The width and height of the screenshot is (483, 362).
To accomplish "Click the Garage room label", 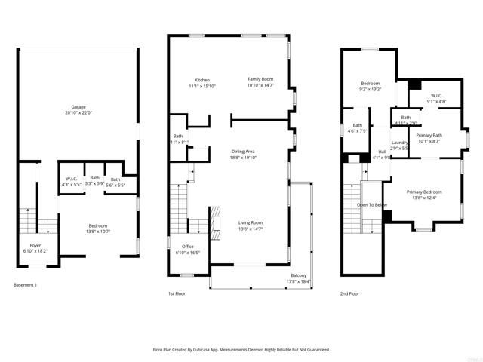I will pos(78,106).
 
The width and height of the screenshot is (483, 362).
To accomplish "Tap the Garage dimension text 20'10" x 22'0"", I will pos(78,113).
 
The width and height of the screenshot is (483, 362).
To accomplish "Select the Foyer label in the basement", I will pos(35,244).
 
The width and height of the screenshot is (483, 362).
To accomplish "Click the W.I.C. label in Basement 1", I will pos(73,178).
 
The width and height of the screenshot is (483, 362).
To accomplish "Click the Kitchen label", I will pos(202,80).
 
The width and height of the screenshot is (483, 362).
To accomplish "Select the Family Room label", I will pos(260,79).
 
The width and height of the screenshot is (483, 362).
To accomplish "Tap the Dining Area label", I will pos(244,152).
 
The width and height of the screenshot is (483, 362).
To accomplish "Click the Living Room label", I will pos(250,222).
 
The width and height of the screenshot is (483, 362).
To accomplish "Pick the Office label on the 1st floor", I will pos(188,247).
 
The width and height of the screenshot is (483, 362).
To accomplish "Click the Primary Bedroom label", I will pos(423,192).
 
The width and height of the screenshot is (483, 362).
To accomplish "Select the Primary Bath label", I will pos(429,136).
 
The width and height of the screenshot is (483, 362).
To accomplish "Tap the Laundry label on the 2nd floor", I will pos(400,143).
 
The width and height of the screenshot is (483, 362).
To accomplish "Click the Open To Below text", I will pos(372,204).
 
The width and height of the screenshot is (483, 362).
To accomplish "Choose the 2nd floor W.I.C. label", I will pos(437,95).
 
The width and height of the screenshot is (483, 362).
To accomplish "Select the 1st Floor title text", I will pos(178,294).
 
